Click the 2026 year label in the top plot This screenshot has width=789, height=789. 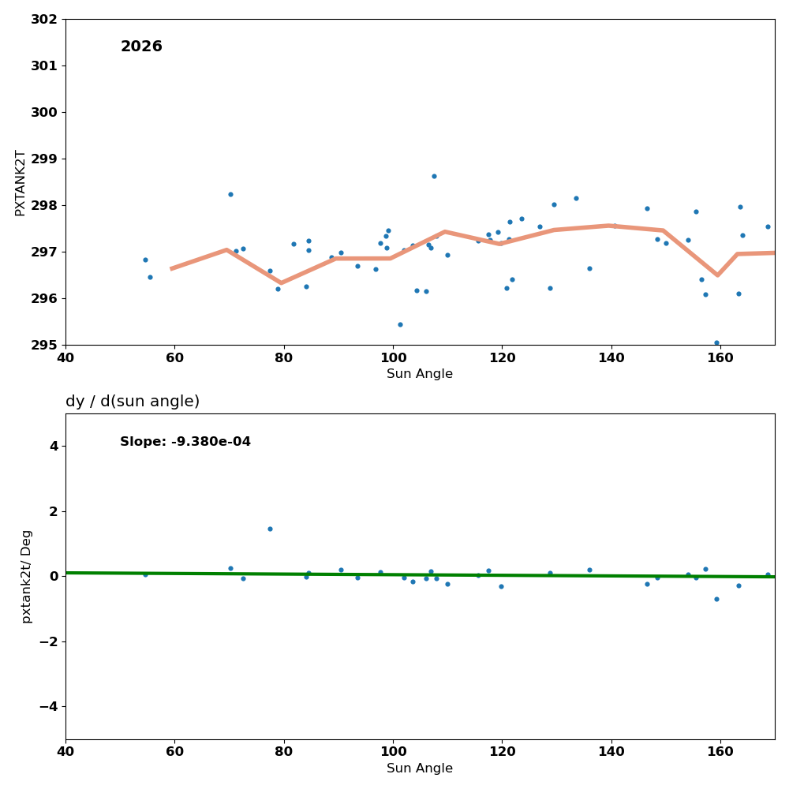[x=141, y=47]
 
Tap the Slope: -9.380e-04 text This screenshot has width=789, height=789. [x=185, y=442]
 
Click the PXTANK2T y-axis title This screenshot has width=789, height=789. [x=21, y=182]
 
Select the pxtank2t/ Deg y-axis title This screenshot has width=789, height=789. [x=27, y=577]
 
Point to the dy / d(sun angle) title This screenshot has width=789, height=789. [x=133, y=402]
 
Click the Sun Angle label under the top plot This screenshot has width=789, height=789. [x=420, y=374]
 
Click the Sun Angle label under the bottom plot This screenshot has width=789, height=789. [x=420, y=768]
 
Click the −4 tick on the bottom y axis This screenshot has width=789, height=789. [x=48, y=706]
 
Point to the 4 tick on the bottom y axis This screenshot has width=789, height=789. [x=54, y=447]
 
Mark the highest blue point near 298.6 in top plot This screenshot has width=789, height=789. [x=434, y=176]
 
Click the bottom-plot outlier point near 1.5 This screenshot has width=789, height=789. [x=270, y=529]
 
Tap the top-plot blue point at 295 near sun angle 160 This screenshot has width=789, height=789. [x=716, y=343]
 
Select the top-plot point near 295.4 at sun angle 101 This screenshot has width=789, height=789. [x=400, y=324]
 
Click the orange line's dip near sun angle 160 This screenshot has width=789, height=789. [x=717, y=275]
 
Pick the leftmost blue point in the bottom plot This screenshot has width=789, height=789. [x=145, y=574]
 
